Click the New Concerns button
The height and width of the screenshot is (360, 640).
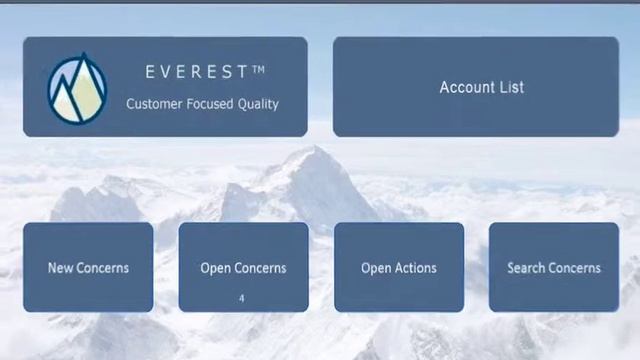pyautogui.click(x=88, y=267)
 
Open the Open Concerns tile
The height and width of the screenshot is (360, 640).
pyautogui.click(x=243, y=267)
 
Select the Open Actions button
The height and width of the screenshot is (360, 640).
pyautogui.click(x=398, y=267)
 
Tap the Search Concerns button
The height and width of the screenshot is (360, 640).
pyautogui.click(x=553, y=267)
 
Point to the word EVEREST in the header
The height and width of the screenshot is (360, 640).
pyautogui.click(x=196, y=72)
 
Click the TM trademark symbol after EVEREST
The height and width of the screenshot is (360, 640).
pyautogui.click(x=258, y=69)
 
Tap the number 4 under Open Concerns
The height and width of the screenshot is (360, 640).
pyautogui.click(x=242, y=298)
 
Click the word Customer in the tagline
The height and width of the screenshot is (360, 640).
pyautogui.click(x=152, y=104)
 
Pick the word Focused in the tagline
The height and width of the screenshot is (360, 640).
pyautogui.click(x=207, y=104)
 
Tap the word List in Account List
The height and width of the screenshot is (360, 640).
pyautogui.click(x=511, y=87)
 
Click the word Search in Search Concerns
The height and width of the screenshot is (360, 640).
pyautogui.click(x=527, y=268)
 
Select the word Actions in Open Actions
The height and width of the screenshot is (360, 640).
pyautogui.click(x=415, y=268)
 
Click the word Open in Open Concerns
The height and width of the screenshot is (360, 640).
pyautogui.click(x=215, y=268)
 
